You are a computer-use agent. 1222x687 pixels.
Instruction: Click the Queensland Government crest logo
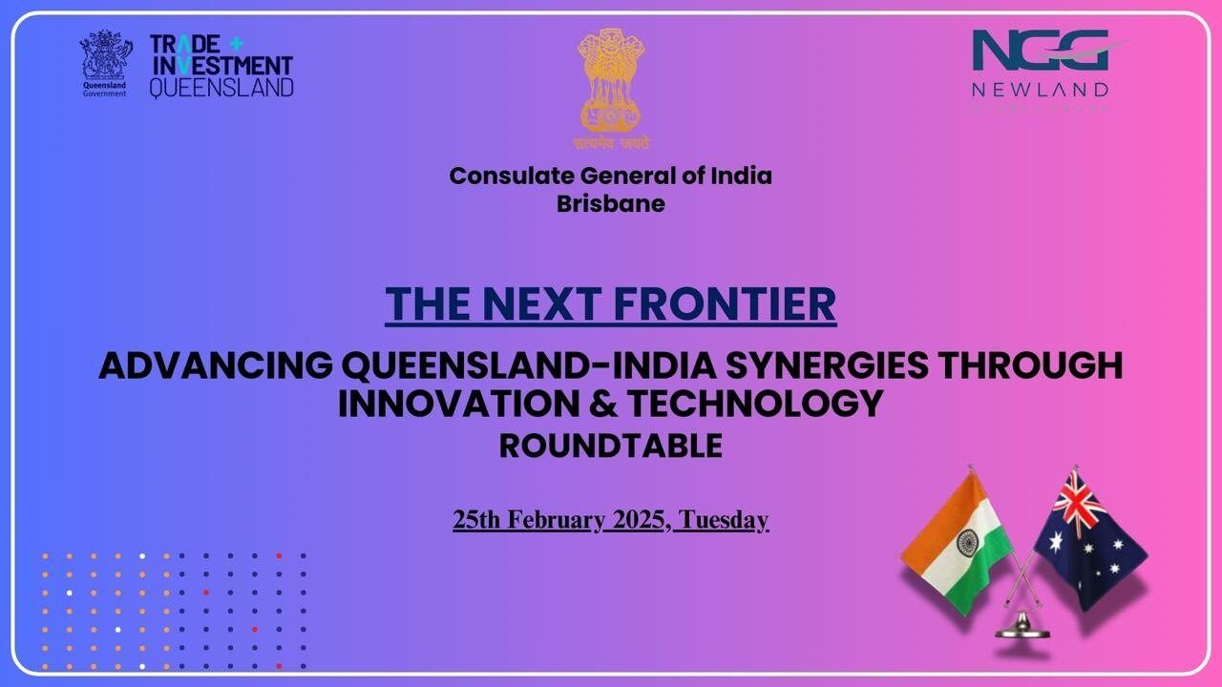[x=105, y=59]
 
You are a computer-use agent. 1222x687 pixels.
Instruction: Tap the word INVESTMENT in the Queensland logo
[x=221, y=66]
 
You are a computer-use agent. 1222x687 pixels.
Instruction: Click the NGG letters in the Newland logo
[x=1040, y=50]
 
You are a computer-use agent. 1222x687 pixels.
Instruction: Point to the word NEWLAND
[x=1040, y=90]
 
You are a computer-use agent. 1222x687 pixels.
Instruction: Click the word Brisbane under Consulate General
[x=611, y=203]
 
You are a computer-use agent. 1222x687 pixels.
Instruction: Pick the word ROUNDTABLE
[x=611, y=447]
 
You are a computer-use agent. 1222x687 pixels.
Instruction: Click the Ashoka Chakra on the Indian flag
[x=968, y=544]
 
